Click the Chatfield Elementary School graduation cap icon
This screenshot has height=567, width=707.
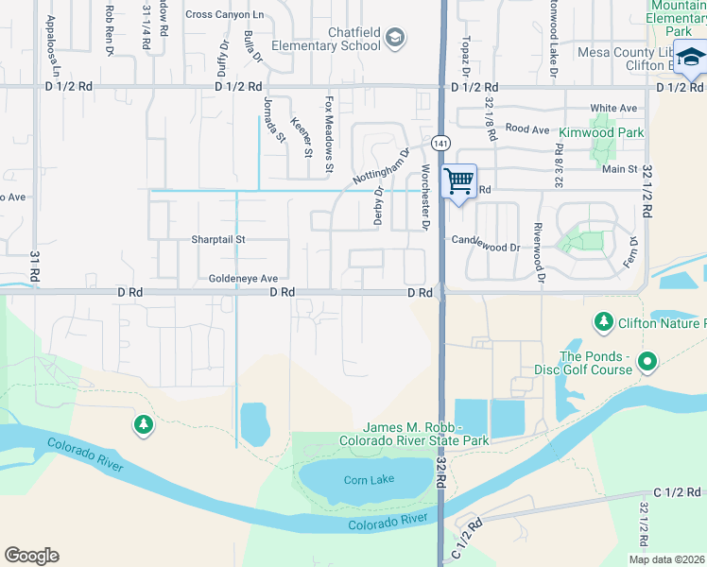pyautogui.click(x=396, y=39)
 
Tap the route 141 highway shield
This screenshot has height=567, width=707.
pyautogui.click(x=440, y=143)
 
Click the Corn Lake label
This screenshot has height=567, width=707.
pyautogui.click(x=369, y=480)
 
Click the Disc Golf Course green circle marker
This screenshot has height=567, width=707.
pyautogui.click(x=647, y=361)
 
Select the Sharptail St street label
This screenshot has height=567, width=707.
pyautogui.click(x=218, y=240)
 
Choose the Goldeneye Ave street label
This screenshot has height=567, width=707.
pyautogui.click(x=243, y=280)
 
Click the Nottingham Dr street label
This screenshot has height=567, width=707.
pyautogui.click(x=381, y=165)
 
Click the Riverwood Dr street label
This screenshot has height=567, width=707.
pyautogui.click(x=538, y=252)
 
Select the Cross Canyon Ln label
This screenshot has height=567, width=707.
pyautogui.click(x=225, y=14)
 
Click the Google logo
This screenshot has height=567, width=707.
pyautogui.click(x=31, y=556)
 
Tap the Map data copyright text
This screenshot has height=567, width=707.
pyautogui.click(x=666, y=559)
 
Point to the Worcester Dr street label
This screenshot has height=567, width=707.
pyautogui.click(x=425, y=197)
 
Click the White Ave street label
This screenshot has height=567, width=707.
pyautogui.click(x=613, y=109)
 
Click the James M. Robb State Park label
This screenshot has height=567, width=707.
pyautogui.click(x=427, y=435)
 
